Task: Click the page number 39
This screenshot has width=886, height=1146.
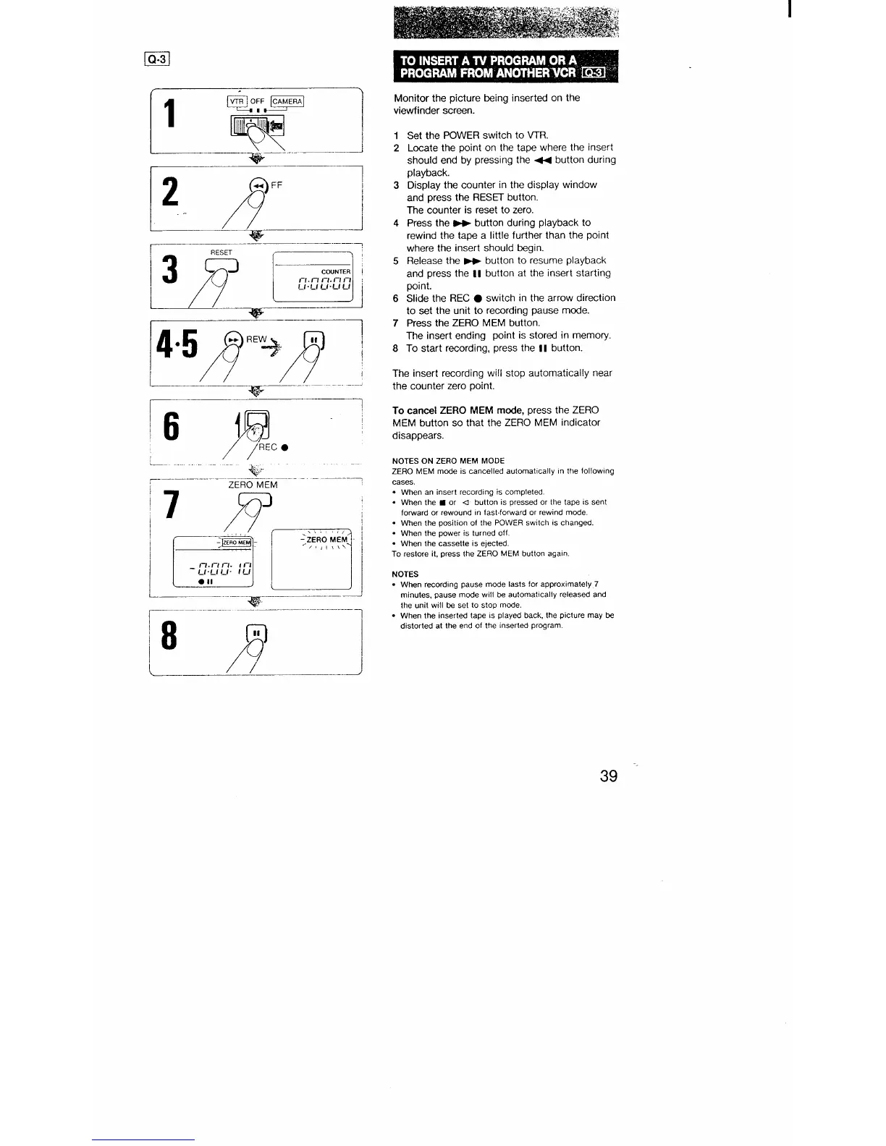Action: pyautogui.click(x=608, y=776)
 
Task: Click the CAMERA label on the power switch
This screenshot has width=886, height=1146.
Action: pyautogui.click(x=287, y=101)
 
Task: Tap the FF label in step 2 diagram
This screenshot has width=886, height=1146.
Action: pyautogui.click(x=277, y=184)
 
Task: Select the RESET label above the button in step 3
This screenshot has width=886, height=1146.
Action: pyautogui.click(x=221, y=252)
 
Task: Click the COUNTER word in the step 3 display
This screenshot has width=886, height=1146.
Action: pyautogui.click(x=335, y=272)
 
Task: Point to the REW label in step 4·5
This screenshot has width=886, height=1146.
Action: pyautogui.click(x=256, y=339)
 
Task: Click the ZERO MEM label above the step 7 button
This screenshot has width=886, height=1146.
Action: pyautogui.click(x=253, y=485)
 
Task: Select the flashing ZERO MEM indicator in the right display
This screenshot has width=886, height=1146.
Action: pyautogui.click(x=327, y=540)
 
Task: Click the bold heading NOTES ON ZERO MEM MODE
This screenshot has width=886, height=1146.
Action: pyautogui.click(x=448, y=461)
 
